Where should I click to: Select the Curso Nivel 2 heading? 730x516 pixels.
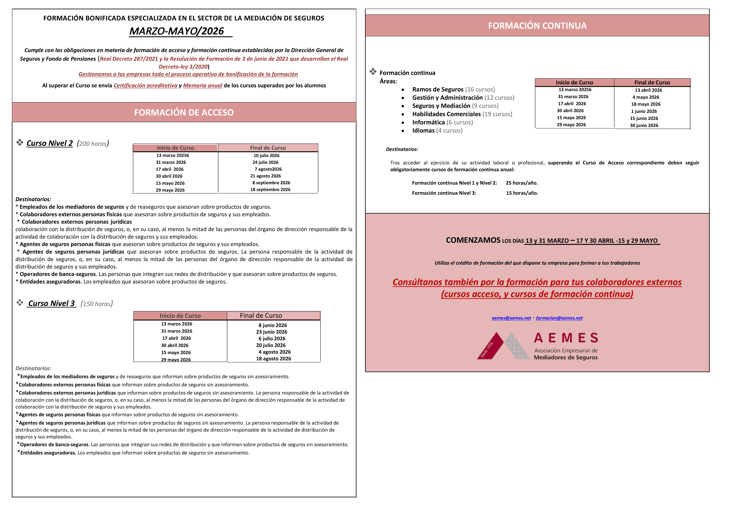click(50, 143)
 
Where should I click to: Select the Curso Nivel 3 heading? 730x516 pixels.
click(51, 303)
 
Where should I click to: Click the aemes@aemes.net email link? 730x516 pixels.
click(511, 318)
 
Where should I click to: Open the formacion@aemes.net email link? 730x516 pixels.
click(559, 318)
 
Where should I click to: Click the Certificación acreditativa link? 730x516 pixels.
click(145, 85)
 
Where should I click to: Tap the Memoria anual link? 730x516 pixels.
click(203, 85)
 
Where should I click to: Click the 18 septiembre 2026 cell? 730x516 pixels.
click(270, 190)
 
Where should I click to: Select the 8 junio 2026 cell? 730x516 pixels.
click(273, 325)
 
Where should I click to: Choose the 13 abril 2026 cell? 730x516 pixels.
click(648, 90)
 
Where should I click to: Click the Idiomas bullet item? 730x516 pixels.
click(437, 131)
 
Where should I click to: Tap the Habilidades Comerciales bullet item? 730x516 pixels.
click(462, 114)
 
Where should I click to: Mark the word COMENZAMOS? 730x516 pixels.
click(473, 240)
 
